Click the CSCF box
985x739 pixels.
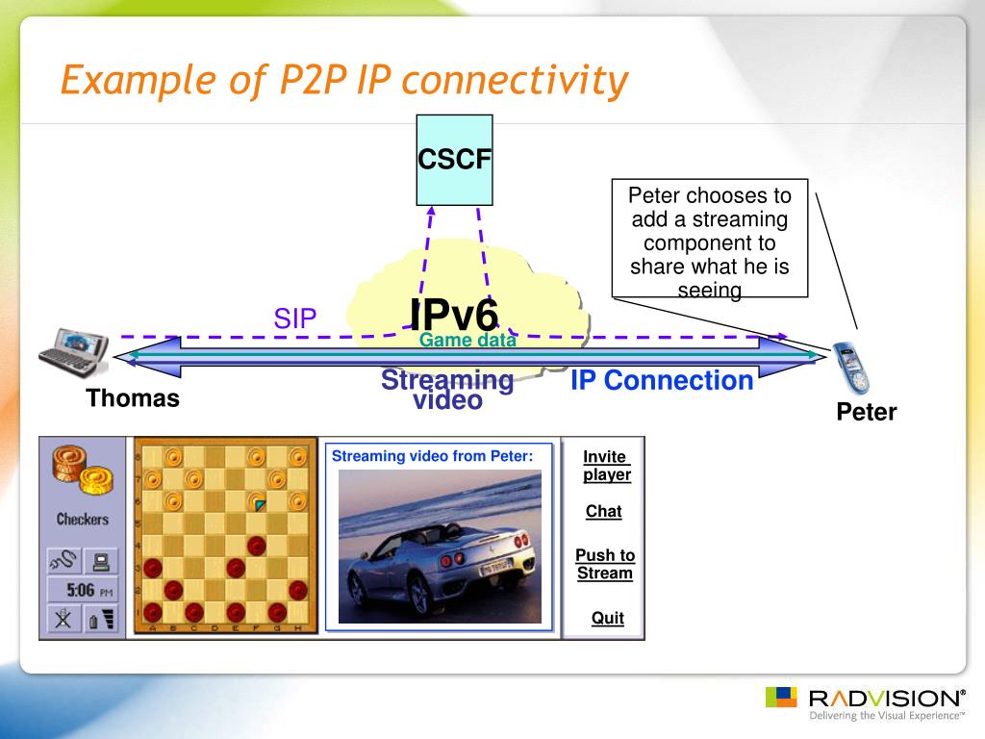pos(454,160)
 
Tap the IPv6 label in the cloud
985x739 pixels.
pos(454,315)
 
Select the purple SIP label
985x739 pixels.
pos(295,319)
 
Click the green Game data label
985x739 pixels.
pos(467,340)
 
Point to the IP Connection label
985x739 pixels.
pos(662,380)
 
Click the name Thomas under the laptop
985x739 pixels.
pos(133,398)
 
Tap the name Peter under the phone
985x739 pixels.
pos(866,412)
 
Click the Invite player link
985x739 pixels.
pos(606,466)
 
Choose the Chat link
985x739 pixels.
pos(604,512)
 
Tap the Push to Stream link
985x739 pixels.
pos(605,564)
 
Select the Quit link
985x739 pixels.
pos(608,618)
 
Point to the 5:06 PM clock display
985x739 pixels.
pos(83,590)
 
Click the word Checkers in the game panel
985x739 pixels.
pos(83,519)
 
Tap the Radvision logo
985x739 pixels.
pos(866,701)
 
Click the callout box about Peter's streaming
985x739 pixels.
pos(710,238)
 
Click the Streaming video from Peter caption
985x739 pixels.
pos(432,456)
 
